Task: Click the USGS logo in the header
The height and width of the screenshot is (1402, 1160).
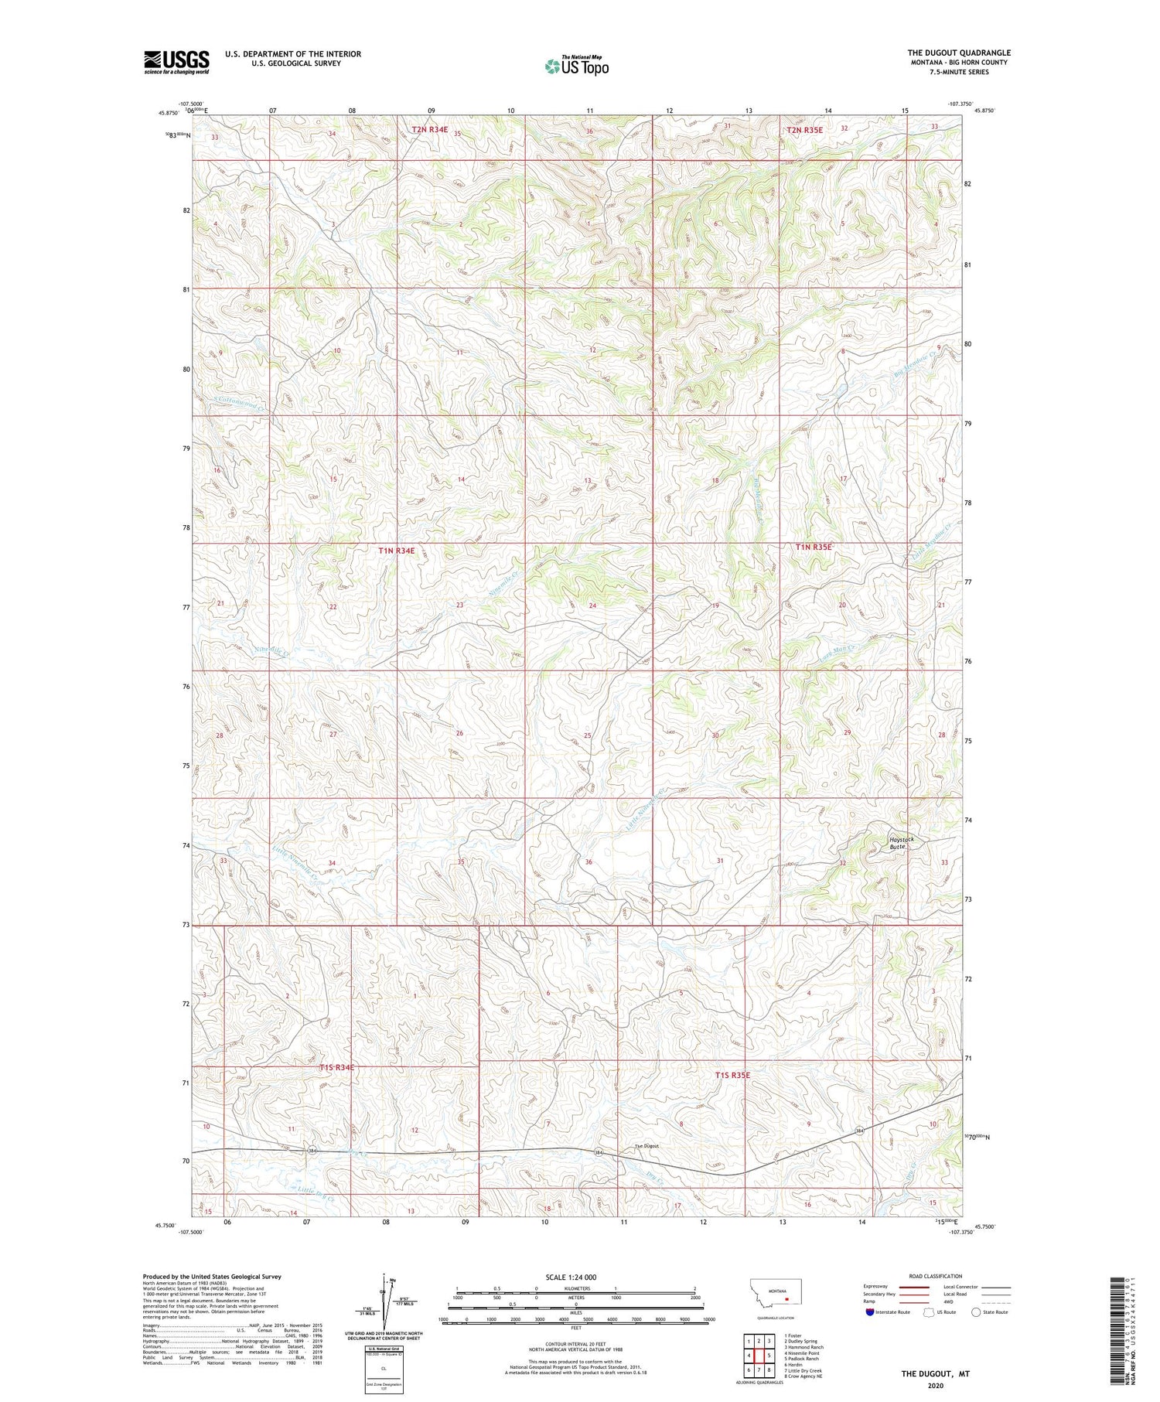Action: (176, 62)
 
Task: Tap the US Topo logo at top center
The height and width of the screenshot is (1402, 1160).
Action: (576, 67)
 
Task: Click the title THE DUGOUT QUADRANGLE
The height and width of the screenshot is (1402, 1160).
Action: (959, 53)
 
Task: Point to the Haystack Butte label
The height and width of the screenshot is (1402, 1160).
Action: (901, 843)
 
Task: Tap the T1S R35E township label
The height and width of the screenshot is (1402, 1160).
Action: (732, 1076)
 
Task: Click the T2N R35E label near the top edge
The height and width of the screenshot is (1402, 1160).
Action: (806, 130)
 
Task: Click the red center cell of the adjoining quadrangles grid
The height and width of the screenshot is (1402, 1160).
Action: (759, 1355)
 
